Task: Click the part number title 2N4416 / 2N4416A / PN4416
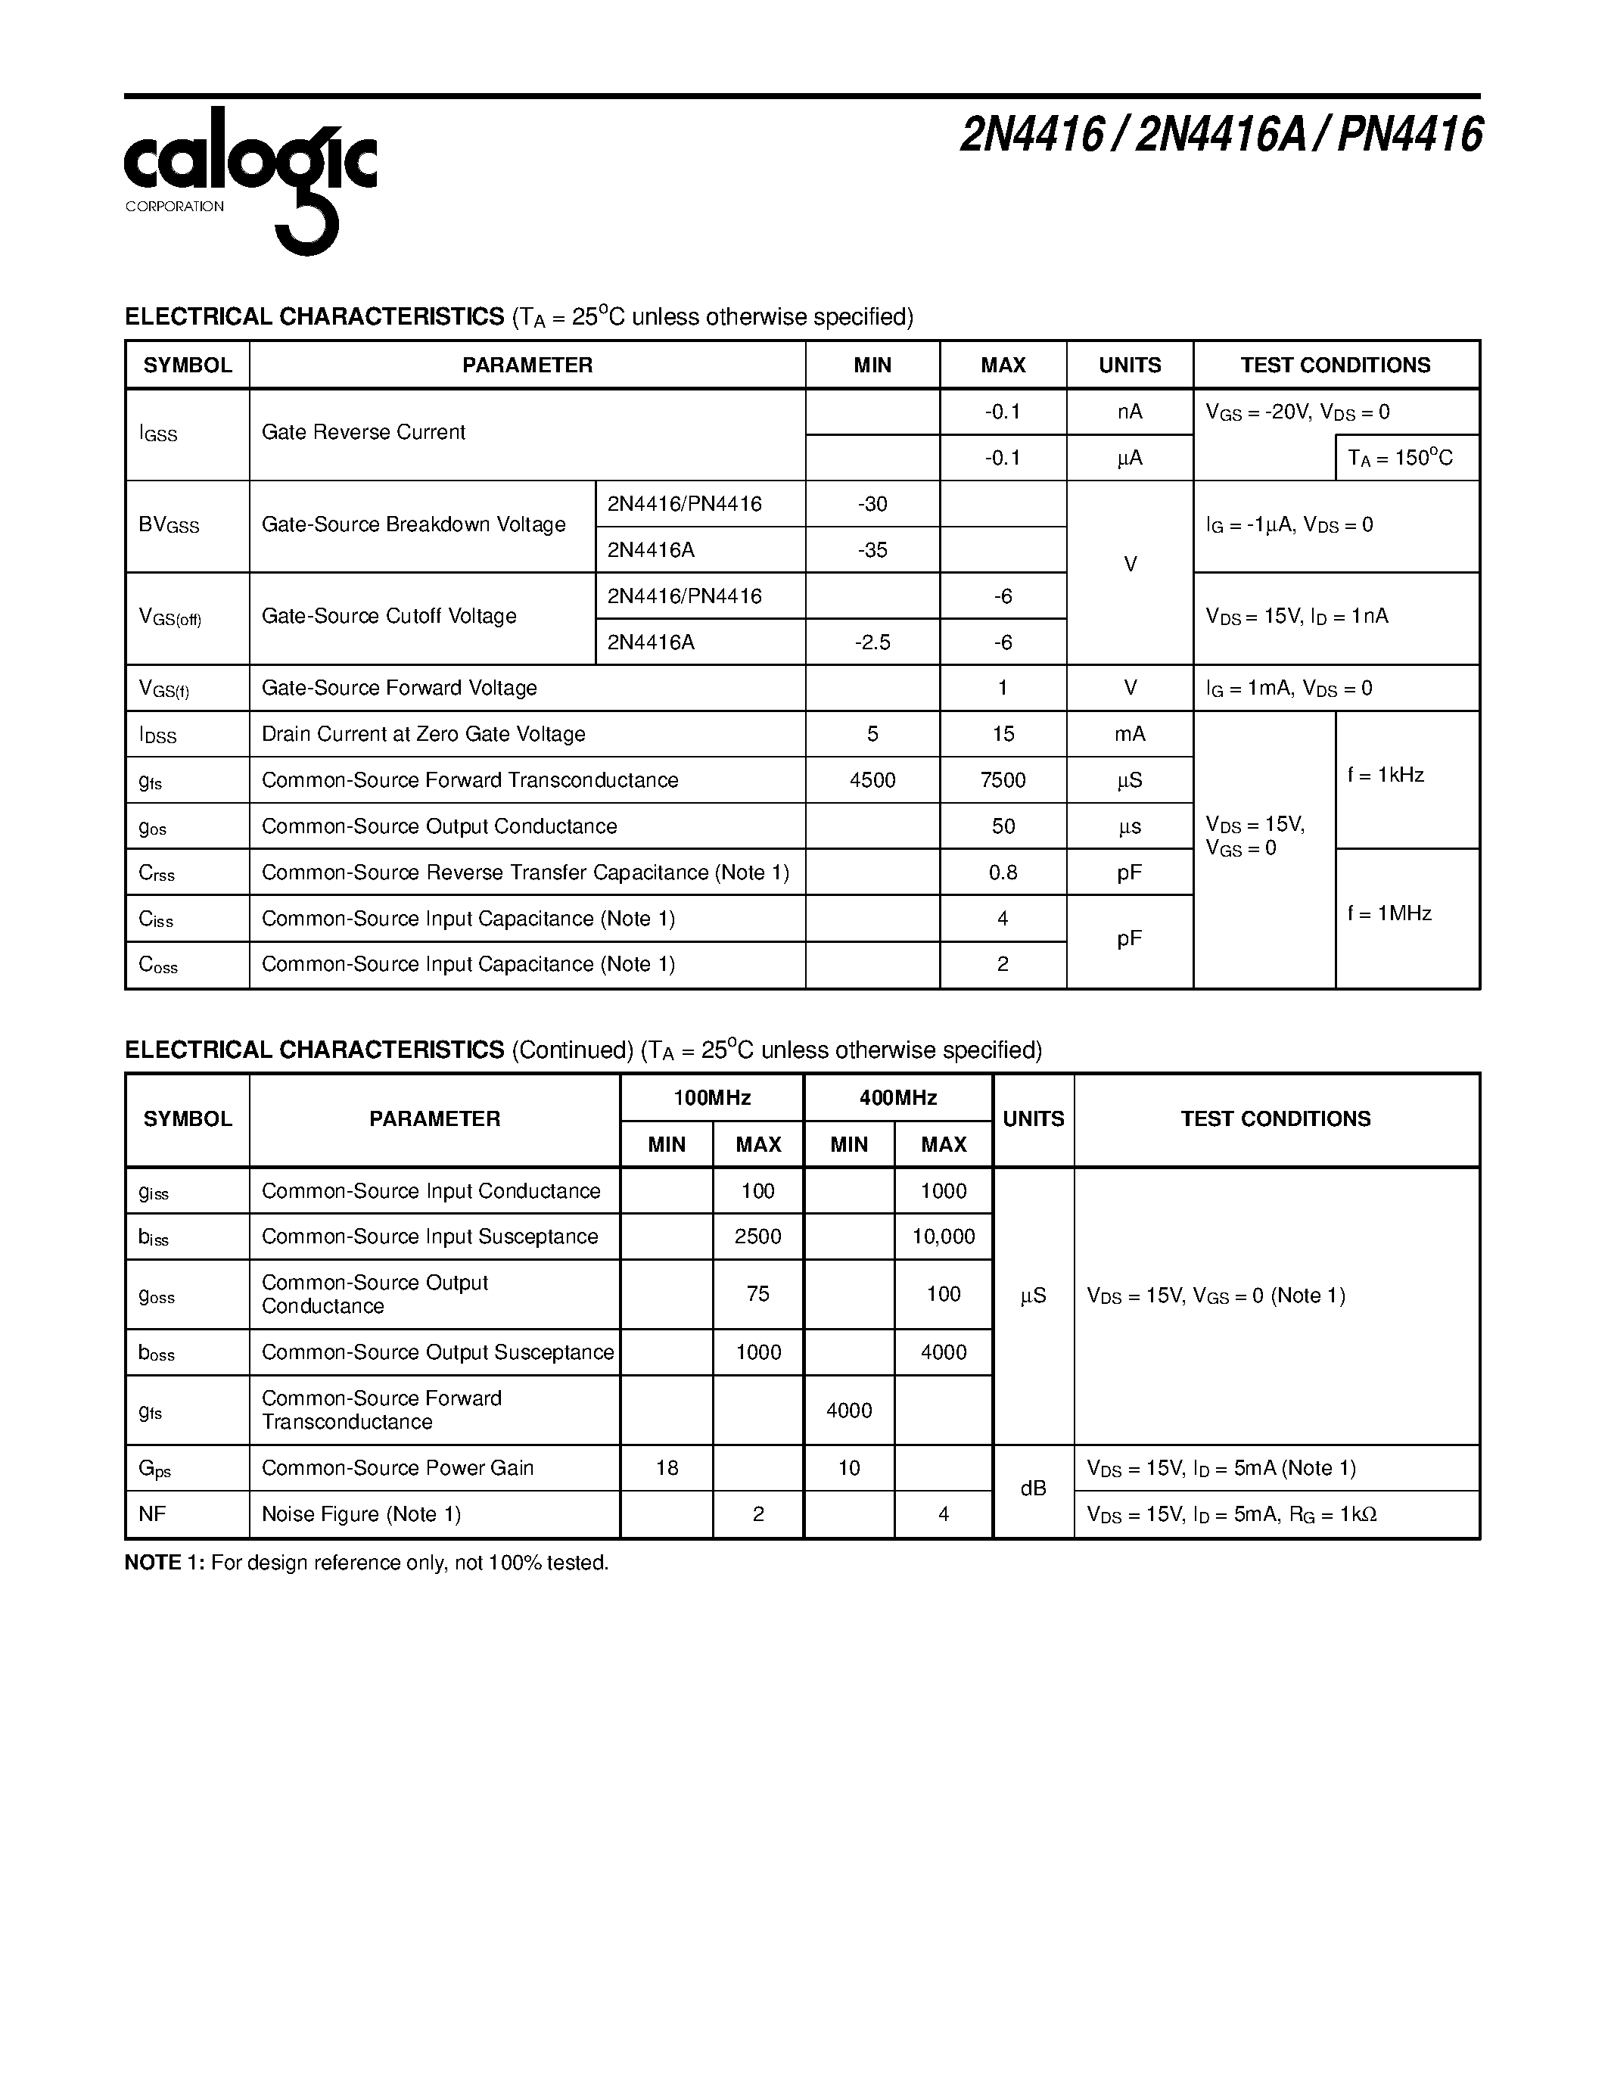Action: pos(1221,135)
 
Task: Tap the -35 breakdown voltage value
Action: pos(872,550)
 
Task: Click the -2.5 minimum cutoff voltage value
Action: pos(872,642)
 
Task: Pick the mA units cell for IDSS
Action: pos(1129,735)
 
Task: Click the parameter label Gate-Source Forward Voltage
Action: pos(399,688)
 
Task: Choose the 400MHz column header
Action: pos(897,1098)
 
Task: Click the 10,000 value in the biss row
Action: pos(943,1236)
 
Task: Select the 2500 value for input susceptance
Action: pos(758,1236)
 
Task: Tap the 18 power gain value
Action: pos(667,1468)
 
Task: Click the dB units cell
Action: pos(1033,1488)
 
